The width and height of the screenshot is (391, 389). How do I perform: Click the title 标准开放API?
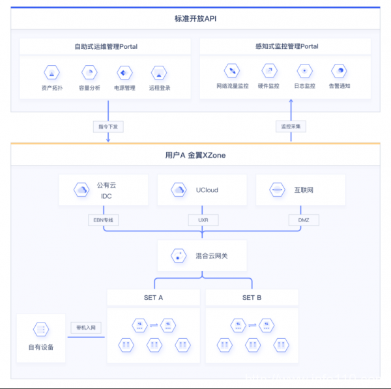(x=195, y=19)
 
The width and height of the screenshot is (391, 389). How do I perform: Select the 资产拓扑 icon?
(x=51, y=72)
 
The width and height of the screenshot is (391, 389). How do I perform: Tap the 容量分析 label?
(x=89, y=88)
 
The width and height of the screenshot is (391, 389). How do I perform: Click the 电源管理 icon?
(x=124, y=72)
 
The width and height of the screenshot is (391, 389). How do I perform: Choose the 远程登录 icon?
(x=159, y=72)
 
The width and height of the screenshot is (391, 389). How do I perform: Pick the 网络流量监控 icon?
(x=232, y=70)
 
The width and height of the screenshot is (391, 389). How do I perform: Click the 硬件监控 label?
(x=268, y=86)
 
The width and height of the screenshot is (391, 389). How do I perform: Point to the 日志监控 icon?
(x=304, y=70)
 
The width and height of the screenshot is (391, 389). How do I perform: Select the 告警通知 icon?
(x=339, y=70)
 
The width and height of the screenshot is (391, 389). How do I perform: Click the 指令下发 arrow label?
(x=107, y=126)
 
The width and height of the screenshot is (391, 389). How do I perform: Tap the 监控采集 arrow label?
(x=291, y=126)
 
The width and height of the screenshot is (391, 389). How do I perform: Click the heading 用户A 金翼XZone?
(x=195, y=156)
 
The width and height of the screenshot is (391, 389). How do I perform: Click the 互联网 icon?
(x=277, y=190)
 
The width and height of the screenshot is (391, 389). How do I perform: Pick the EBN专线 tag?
(x=104, y=220)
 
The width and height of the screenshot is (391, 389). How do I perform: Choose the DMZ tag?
(x=304, y=220)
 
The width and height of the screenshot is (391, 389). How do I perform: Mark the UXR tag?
(x=203, y=220)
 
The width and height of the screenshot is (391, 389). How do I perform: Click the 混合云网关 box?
(x=202, y=256)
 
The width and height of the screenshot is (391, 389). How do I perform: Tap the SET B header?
(x=252, y=297)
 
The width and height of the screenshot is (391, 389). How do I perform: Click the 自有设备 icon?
(x=41, y=330)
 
